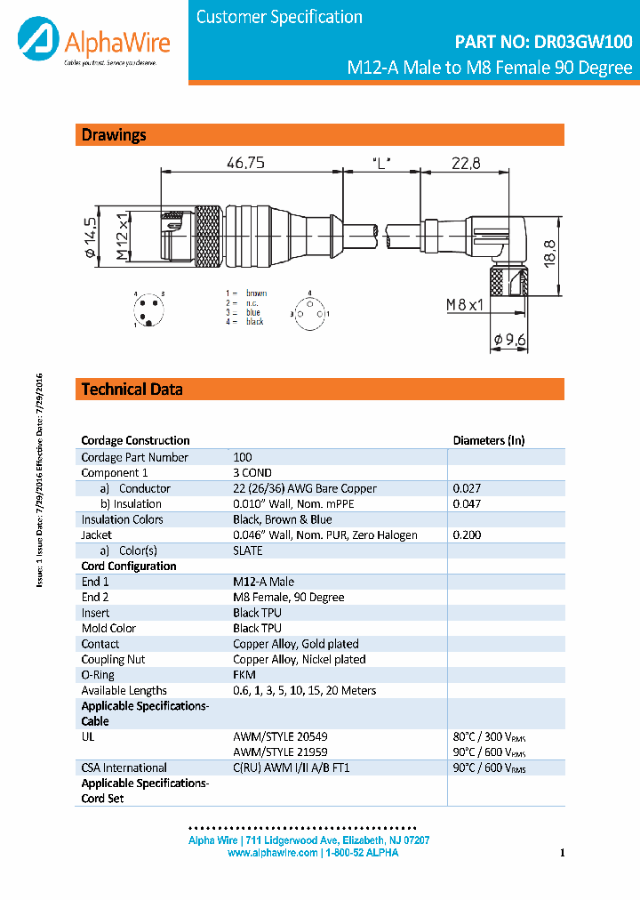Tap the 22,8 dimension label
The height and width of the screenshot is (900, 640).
(x=465, y=163)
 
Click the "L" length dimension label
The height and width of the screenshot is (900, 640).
(x=382, y=163)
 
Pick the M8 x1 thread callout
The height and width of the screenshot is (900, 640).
(x=464, y=306)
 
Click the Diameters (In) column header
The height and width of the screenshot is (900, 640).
(x=488, y=440)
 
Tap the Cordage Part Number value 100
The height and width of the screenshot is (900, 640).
(x=243, y=457)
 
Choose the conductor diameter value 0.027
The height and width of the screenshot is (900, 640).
(x=467, y=488)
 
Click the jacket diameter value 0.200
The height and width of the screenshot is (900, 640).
(x=467, y=535)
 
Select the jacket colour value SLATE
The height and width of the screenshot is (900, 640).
(x=248, y=550)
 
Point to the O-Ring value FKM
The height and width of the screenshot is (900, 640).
(x=244, y=675)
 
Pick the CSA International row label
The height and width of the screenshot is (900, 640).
(x=124, y=767)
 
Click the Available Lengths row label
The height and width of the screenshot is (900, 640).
(x=124, y=690)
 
